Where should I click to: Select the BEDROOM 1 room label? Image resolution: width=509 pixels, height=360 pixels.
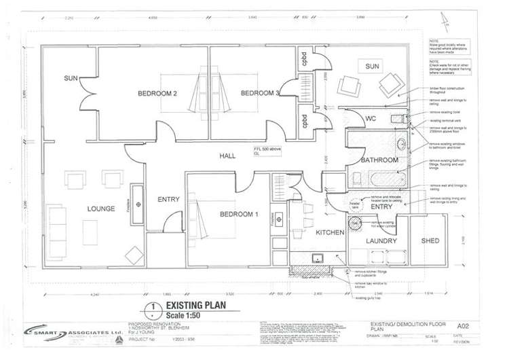click(238, 215)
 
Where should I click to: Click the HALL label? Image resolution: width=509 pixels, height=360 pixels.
click(227, 156)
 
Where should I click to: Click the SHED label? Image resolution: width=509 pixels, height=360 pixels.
click(430, 240)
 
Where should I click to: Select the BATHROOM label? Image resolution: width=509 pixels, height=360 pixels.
click(379, 160)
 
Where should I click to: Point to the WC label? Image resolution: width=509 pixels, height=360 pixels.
click(351, 119)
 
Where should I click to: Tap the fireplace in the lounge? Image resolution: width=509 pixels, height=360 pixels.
click(138, 204)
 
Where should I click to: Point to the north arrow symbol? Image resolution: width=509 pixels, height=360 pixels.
click(449, 25)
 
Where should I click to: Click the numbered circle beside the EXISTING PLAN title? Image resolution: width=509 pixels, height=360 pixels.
click(155, 311)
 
